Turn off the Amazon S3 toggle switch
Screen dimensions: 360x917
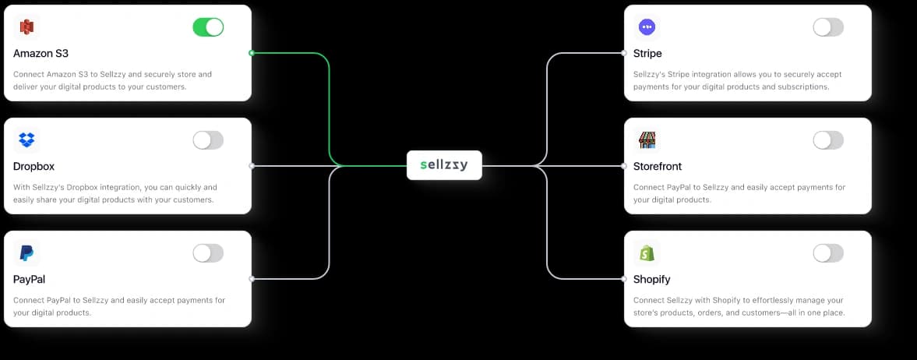pyautogui.click(x=208, y=27)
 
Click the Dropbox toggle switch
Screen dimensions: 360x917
pyautogui.click(x=208, y=140)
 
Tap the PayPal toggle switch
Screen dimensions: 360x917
pyautogui.click(x=208, y=253)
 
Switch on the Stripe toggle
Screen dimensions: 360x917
pyautogui.click(x=828, y=27)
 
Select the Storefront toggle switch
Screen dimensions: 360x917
pyautogui.click(x=828, y=140)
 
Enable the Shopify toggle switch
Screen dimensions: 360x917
pyautogui.click(x=828, y=253)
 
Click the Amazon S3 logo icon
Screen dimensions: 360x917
pyautogui.click(x=26, y=27)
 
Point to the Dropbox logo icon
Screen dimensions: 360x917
pyautogui.click(x=26, y=140)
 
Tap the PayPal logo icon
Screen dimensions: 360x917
pyautogui.click(x=26, y=253)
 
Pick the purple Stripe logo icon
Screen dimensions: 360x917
pyautogui.click(x=647, y=27)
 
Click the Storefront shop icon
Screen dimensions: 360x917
pyautogui.click(x=647, y=140)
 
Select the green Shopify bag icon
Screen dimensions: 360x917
pyautogui.click(x=647, y=253)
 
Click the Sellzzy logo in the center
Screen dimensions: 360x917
pyautogui.click(x=444, y=165)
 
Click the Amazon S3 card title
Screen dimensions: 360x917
pyautogui.click(x=41, y=54)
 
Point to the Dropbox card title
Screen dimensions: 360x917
pyautogui.click(x=34, y=167)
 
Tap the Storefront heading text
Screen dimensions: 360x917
pyautogui.click(x=658, y=167)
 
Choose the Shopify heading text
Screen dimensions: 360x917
pyautogui.click(x=652, y=280)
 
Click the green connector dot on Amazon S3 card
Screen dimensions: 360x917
pyautogui.click(x=251, y=53)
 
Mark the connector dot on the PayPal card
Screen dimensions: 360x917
pyautogui.click(x=251, y=278)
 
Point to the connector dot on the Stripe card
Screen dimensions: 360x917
pyautogui.click(x=624, y=53)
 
